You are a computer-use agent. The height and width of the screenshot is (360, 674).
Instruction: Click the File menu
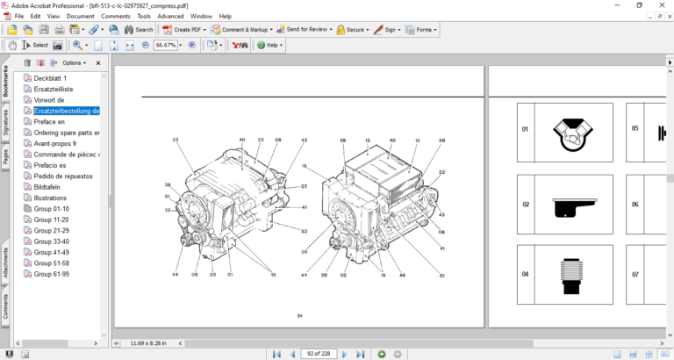tap(20, 16)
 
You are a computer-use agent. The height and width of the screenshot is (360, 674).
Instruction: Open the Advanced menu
tap(170, 16)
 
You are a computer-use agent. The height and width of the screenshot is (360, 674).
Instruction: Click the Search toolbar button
tap(139, 29)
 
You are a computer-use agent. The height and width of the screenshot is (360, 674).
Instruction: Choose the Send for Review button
tap(307, 29)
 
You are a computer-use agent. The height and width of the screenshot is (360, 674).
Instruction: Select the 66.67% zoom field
tap(166, 45)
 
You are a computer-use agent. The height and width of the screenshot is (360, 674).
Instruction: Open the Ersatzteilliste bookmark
tap(53, 90)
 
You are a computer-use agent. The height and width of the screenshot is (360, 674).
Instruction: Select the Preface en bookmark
tap(49, 122)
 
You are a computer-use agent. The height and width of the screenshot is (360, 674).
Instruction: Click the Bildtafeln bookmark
tap(49, 187)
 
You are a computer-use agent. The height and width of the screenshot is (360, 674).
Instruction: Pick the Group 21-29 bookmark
tap(51, 230)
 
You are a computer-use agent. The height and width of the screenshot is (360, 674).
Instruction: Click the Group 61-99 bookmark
tap(51, 273)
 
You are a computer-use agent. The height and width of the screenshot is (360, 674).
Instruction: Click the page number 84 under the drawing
tap(299, 314)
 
